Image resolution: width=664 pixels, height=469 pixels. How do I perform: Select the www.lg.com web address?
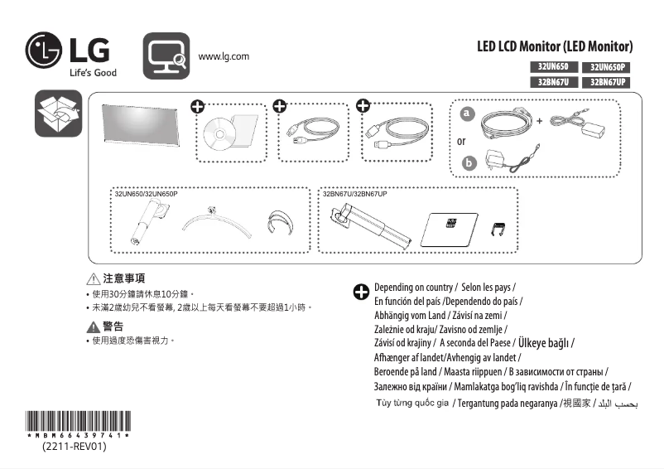tap(224, 56)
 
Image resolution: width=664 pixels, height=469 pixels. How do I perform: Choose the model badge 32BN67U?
tap(552, 82)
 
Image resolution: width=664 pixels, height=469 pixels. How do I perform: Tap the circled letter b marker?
tap(468, 162)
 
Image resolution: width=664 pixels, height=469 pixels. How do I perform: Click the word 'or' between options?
tap(461, 141)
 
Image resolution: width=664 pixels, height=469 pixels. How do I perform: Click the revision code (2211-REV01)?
tap(75, 447)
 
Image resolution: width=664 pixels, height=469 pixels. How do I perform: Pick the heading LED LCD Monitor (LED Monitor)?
tap(555, 46)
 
